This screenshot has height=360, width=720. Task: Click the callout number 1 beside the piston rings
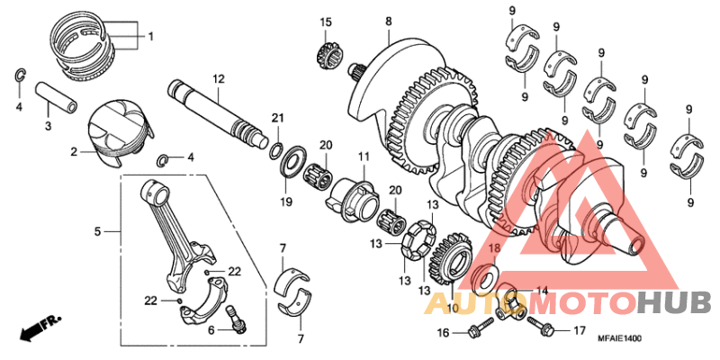pos(150,37)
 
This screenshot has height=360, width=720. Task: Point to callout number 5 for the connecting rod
pos(97,231)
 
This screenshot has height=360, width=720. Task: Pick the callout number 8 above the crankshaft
pos(389,21)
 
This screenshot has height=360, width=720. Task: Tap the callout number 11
pos(363,157)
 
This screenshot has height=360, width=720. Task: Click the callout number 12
pos(217,79)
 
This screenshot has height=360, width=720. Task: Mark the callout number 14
pos(541,291)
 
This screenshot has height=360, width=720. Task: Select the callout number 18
pos(493,247)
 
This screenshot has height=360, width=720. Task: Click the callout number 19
pos(286,202)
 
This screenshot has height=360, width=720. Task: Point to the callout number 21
pos(278,118)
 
